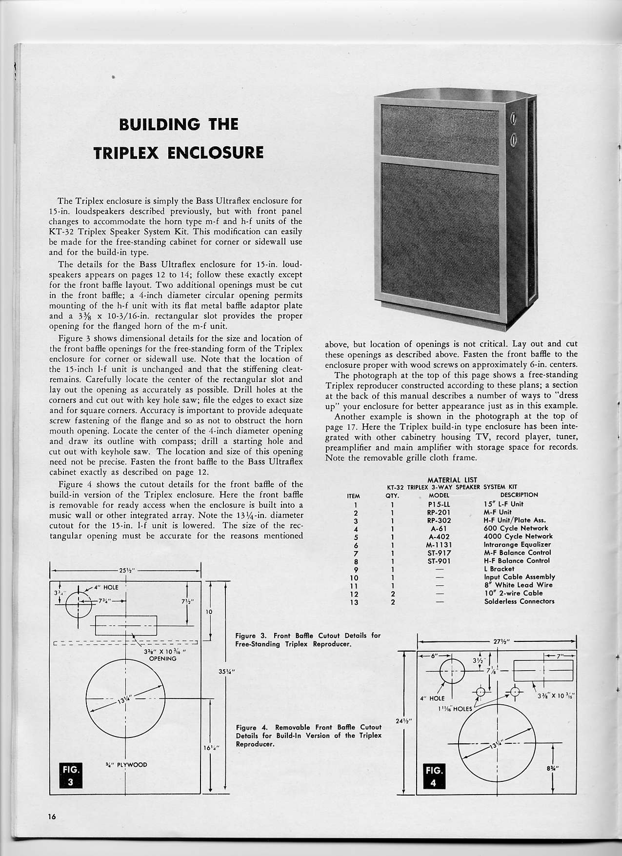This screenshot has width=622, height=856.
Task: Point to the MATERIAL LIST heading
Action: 452,480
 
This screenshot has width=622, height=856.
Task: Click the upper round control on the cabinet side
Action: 513,119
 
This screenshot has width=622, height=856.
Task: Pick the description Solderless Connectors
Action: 516,601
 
